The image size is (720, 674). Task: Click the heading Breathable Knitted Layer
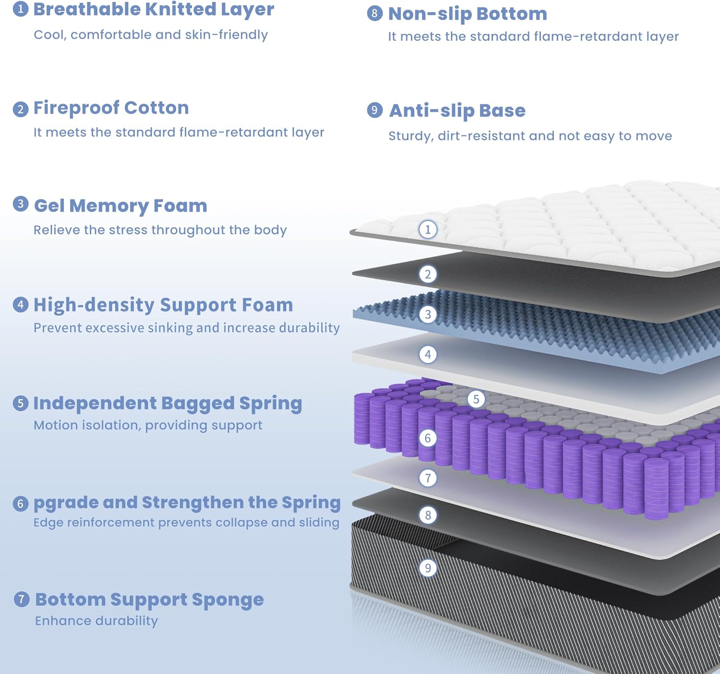[x=154, y=10]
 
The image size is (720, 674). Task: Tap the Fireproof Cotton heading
[x=111, y=108]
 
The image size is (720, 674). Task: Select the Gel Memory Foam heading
[x=120, y=206]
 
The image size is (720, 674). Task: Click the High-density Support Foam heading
[x=163, y=305]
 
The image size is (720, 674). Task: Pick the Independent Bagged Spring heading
[x=168, y=404]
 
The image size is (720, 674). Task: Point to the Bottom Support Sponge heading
[x=149, y=600]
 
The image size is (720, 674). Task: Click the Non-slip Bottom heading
[x=468, y=14]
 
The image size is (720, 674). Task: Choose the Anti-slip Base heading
[x=457, y=110]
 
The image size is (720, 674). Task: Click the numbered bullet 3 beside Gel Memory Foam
[x=20, y=204]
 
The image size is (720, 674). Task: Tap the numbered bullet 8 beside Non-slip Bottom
[x=374, y=13]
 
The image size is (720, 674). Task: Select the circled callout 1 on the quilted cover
[x=428, y=229]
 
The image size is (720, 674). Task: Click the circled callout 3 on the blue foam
[x=428, y=315]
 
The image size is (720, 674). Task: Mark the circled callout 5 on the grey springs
[x=476, y=399]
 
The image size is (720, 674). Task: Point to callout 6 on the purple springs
[x=428, y=438]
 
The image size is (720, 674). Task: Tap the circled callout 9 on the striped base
[x=428, y=568]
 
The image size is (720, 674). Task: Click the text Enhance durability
[x=96, y=621]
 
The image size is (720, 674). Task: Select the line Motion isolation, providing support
[x=148, y=425]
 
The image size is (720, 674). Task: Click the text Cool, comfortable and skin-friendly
[x=151, y=35]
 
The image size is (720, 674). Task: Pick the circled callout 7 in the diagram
[x=428, y=478]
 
